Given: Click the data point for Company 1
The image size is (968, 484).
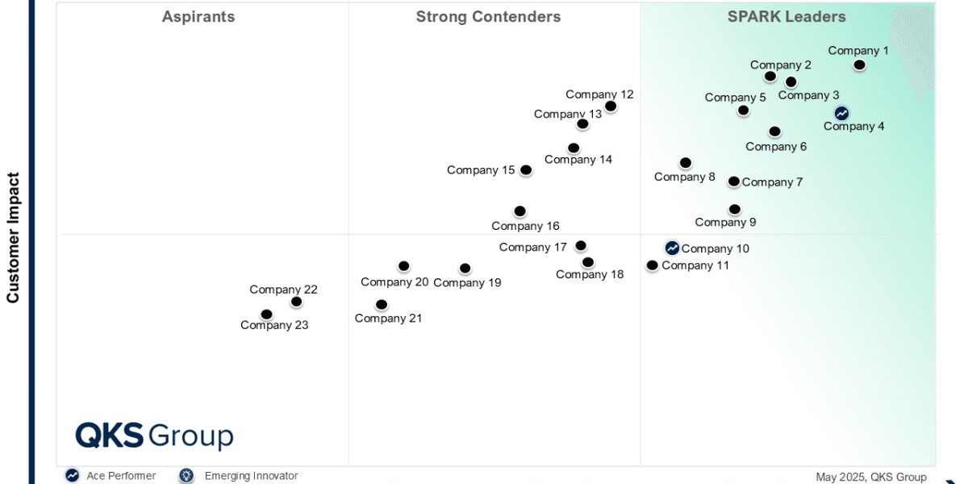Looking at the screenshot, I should [860, 65].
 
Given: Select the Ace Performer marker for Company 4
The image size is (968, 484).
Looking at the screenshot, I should [841, 113].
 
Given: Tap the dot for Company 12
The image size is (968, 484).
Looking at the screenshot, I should [611, 106].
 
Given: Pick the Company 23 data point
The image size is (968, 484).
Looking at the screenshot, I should [267, 315].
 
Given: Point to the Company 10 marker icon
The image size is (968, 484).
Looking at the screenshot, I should [672, 248].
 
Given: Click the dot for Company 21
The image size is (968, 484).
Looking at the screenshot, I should [382, 305].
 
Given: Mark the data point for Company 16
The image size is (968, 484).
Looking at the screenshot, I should [520, 211].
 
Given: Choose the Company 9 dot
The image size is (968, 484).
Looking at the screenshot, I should [735, 209].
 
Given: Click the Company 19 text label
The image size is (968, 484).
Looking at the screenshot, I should [467, 282].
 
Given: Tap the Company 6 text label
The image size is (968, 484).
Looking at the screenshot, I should [776, 147].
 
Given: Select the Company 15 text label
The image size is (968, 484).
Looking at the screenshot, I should [481, 170].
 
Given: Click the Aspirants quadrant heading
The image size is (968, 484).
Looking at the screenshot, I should [198, 17].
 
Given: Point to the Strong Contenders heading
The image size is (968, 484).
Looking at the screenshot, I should [488, 17].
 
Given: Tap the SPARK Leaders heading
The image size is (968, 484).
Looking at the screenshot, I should [786, 17].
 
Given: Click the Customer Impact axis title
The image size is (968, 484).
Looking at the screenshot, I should [13, 237].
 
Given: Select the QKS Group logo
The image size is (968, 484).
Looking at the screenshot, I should [154, 436].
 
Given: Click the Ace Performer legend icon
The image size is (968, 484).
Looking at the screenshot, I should [73, 476].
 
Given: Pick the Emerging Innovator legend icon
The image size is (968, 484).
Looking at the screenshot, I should [187, 476].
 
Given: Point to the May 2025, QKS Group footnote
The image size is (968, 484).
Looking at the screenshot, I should [870, 477].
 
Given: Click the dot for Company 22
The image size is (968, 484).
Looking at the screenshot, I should [296, 302].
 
